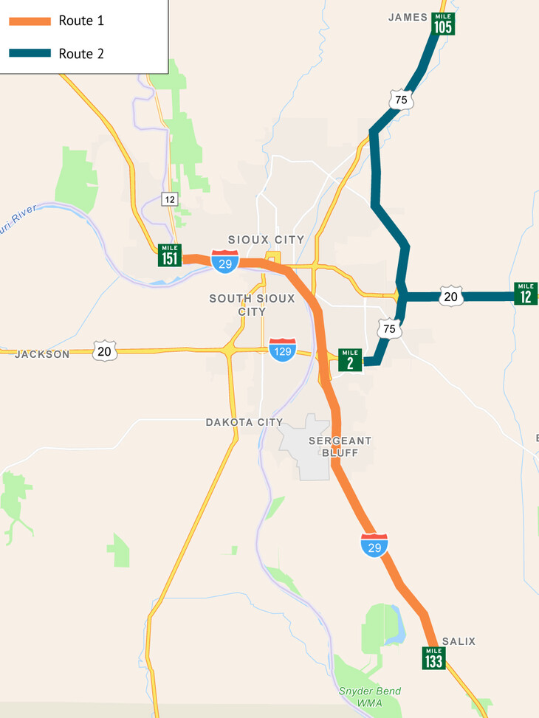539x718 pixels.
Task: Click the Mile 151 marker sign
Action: pyautogui.click(x=169, y=255)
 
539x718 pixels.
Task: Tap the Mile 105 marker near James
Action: pyautogui.click(x=443, y=24)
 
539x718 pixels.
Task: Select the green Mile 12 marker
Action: pyautogui.click(x=526, y=293)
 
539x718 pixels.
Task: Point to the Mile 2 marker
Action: pyautogui.click(x=350, y=360)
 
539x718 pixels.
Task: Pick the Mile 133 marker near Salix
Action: pyautogui.click(x=433, y=657)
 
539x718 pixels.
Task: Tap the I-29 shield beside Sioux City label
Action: pyautogui.click(x=224, y=261)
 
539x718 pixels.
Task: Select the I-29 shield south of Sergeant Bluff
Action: pyautogui.click(x=374, y=544)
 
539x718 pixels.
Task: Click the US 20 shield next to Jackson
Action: pyautogui.click(x=104, y=351)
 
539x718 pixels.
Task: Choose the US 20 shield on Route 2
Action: pyautogui.click(x=451, y=296)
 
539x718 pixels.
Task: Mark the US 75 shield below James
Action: pyautogui.click(x=401, y=100)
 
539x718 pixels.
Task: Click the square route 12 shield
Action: pyautogui.click(x=170, y=199)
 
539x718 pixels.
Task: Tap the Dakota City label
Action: pyautogui.click(x=244, y=422)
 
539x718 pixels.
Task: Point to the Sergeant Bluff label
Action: pyautogui.click(x=340, y=446)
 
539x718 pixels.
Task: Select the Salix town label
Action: pyautogui.click(x=459, y=641)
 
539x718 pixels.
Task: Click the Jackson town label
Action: pyautogui.click(x=42, y=354)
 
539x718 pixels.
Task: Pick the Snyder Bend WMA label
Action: pyautogui.click(x=370, y=697)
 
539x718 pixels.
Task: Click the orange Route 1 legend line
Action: pyautogui.click(x=30, y=21)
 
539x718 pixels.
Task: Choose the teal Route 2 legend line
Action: pyautogui.click(x=30, y=53)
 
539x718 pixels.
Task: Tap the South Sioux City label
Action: pyautogui.click(x=252, y=305)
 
